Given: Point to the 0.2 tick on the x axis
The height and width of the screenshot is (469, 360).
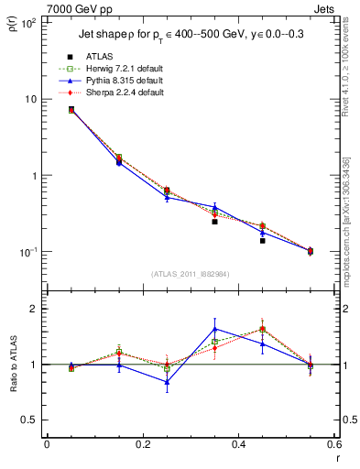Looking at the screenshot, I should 142,444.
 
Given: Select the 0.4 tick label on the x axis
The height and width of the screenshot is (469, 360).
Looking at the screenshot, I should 238,444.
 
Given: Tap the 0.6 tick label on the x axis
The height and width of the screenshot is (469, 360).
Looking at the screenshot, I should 334,444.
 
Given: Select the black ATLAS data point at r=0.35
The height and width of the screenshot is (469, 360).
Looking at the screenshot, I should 214,222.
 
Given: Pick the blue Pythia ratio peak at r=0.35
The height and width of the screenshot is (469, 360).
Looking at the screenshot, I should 214,329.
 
